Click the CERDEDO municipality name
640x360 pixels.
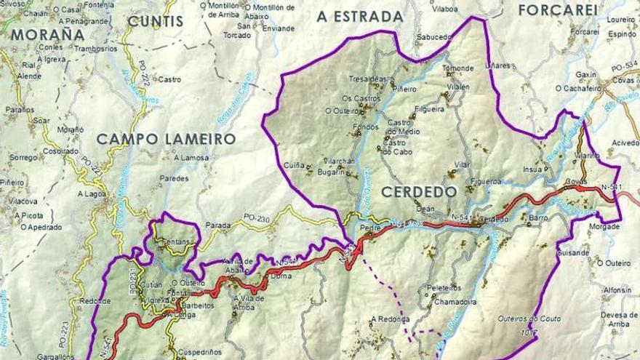coord(419,192)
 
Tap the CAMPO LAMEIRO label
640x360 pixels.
coord(166,139)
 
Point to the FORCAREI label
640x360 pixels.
coord(558,10)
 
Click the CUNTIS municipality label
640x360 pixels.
coord(155,21)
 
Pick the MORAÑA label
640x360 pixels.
coord(48,34)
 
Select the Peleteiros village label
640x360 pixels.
coord(444,288)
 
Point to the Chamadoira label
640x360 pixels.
coord(455,302)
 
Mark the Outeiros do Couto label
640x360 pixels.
coord(528,319)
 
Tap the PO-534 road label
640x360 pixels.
coord(623,68)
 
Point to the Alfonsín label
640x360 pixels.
coord(617,289)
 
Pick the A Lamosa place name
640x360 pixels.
coord(191,157)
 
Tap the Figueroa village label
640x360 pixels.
coord(486,181)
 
